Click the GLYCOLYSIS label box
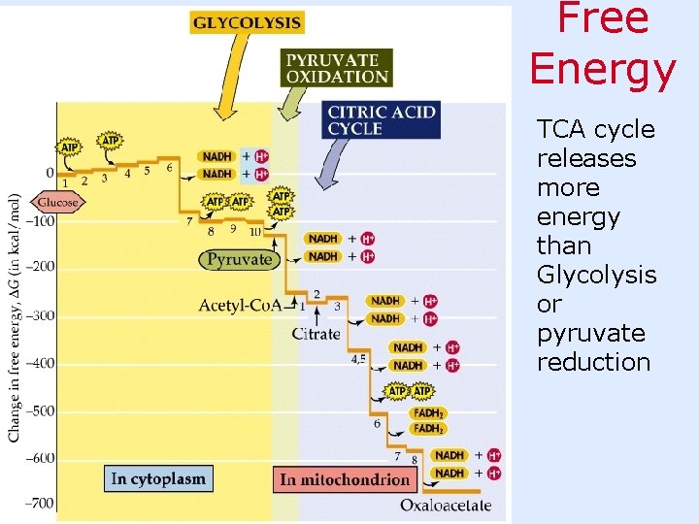click(x=247, y=21)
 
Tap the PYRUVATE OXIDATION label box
click(x=337, y=67)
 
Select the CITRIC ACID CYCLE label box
click(x=382, y=120)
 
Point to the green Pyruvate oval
click(x=239, y=259)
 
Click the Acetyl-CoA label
click(x=240, y=305)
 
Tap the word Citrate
click(x=316, y=334)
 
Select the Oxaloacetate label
click(x=446, y=505)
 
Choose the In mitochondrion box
click(x=345, y=479)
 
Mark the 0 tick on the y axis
click(x=50, y=173)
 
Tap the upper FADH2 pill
click(x=428, y=412)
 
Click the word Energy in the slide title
click(x=603, y=69)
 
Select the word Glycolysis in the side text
click(x=596, y=275)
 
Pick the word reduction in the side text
click(x=593, y=362)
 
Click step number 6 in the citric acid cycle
click(x=377, y=423)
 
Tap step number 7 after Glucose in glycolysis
click(x=189, y=222)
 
